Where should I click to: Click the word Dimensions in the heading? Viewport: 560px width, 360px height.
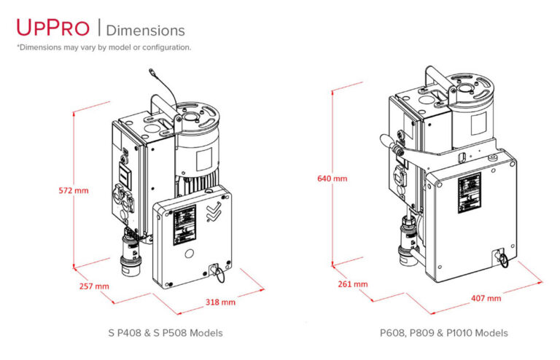coord(146,30)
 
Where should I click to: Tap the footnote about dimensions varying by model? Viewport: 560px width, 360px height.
coord(104,47)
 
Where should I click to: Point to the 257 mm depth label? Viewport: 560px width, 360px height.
coord(94,286)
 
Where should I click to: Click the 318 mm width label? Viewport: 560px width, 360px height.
coord(220,302)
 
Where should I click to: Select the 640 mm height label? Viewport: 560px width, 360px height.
coord(332,179)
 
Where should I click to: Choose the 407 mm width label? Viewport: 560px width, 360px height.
coord(486,298)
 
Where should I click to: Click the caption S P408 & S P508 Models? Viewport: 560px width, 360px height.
coord(166,333)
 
